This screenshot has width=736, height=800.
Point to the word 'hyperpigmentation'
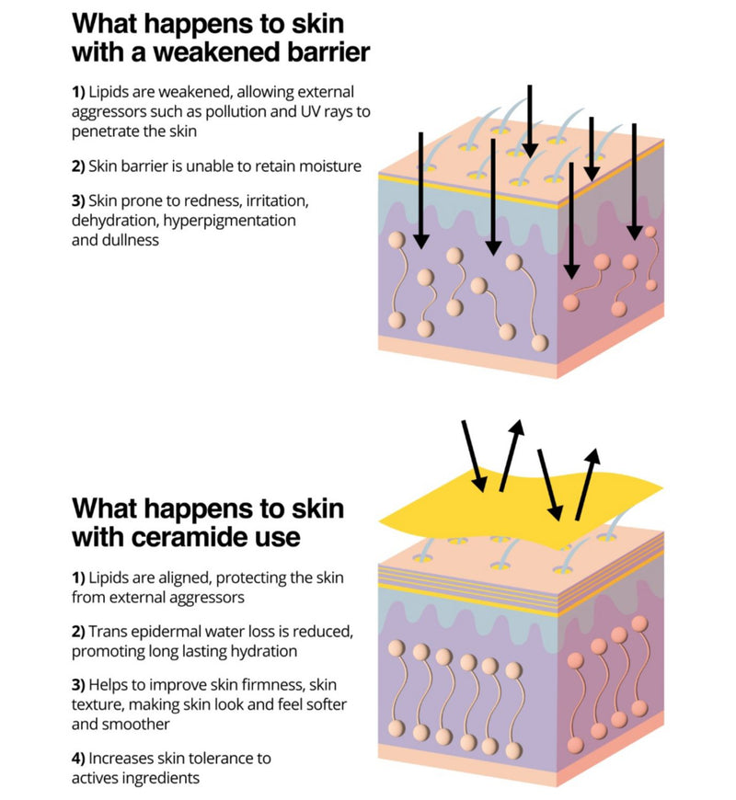point(229,222)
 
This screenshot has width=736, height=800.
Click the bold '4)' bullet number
point(78,760)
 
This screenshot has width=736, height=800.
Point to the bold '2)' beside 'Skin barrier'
point(78,166)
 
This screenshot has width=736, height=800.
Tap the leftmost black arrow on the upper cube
point(420,191)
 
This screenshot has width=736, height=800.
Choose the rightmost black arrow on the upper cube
point(634,182)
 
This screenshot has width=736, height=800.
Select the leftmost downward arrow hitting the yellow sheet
point(474,456)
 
